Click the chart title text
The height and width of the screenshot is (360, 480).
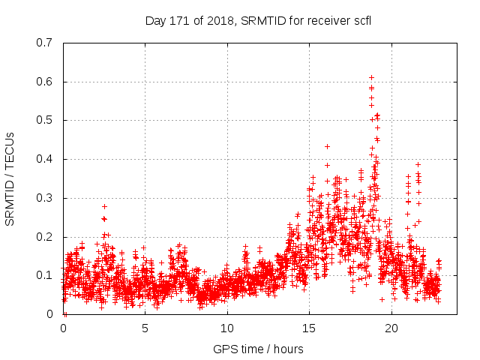click(x=258, y=20)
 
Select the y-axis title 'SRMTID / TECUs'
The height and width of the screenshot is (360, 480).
click(x=10, y=178)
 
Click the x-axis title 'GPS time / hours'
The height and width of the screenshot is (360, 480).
click(x=258, y=349)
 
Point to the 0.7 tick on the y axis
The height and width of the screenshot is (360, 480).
click(x=45, y=43)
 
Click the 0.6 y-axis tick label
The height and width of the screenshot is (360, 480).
click(x=45, y=82)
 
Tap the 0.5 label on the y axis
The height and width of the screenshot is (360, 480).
click(x=45, y=120)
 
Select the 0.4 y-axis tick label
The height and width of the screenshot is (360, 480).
click(x=45, y=159)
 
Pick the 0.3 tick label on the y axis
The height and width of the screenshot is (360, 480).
click(x=45, y=198)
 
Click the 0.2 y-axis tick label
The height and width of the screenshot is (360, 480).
click(x=45, y=237)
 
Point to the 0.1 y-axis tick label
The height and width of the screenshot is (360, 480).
click(x=45, y=276)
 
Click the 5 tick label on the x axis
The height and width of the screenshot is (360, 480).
click(x=145, y=328)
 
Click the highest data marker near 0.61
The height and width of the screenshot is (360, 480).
click(x=371, y=77)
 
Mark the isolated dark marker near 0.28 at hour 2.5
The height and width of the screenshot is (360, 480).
click(x=104, y=206)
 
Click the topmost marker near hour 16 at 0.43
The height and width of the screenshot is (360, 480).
click(x=327, y=146)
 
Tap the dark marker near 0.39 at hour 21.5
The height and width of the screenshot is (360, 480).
click(x=418, y=164)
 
